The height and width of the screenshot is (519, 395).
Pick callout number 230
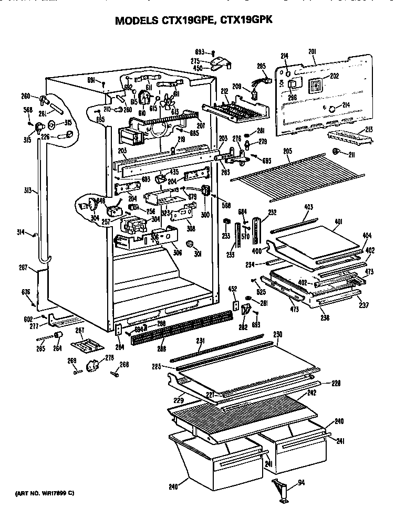click(278, 335)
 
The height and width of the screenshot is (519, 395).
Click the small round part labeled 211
click(336, 152)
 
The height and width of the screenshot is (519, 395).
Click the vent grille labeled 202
click(316, 84)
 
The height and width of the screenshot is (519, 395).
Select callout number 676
click(26, 292)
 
